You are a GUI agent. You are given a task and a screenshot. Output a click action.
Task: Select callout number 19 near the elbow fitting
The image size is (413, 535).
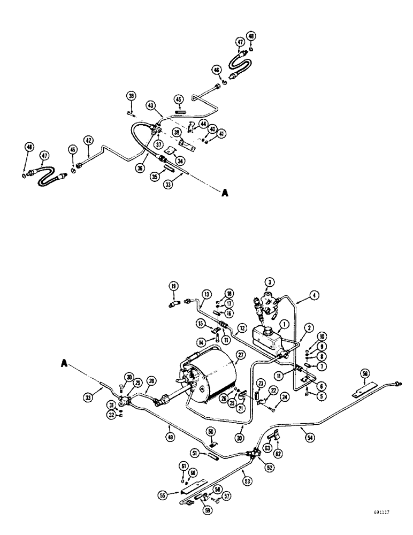coord(174,286)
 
